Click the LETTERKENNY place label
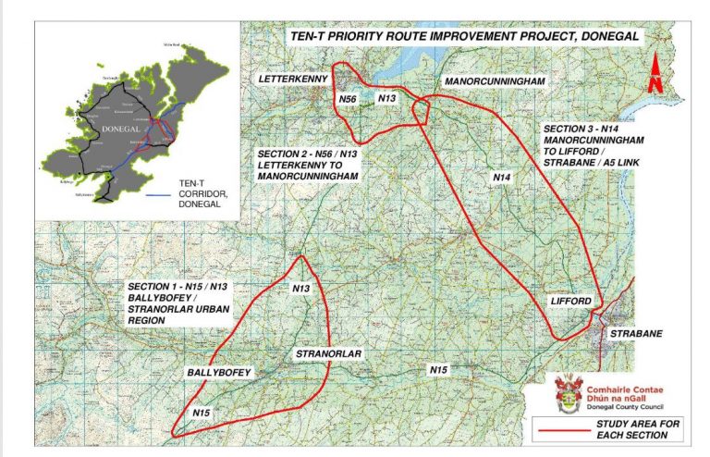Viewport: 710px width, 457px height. coord(294,79)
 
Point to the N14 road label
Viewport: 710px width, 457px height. coord(501,177)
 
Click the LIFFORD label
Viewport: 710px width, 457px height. coord(569,301)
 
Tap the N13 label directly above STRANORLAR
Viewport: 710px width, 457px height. coord(301,290)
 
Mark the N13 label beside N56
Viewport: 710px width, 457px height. coord(387,97)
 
